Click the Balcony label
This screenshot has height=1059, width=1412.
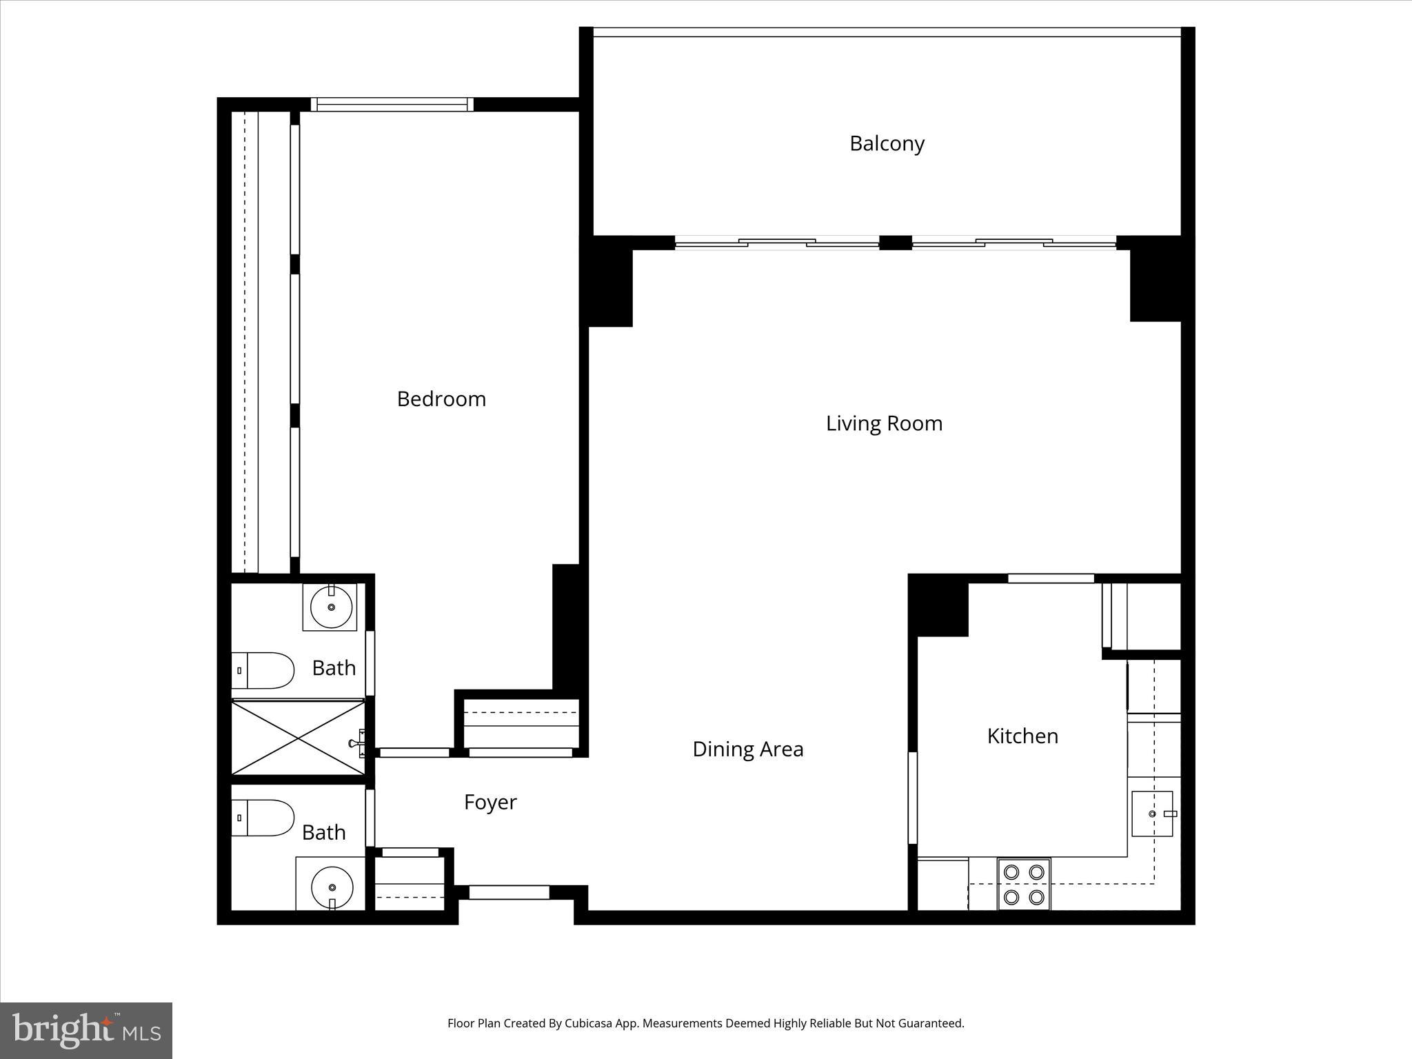click(886, 143)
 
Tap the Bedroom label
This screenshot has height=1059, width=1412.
click(441, 399)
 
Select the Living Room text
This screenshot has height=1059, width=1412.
click(884, 423)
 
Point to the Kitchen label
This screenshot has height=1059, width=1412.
click(1022, 736)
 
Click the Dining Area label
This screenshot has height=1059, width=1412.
click(747, 749)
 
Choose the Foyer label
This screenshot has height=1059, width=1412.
click(490, 803)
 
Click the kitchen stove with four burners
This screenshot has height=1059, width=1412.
click(1023, 885)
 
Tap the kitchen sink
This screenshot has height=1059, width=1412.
click(1152, 814)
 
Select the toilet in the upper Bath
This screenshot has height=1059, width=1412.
click(263, 670)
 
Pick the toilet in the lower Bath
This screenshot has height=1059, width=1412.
click(263, 818)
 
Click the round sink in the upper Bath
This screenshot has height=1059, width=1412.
click(331, 607)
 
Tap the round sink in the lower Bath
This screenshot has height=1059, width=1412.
click(332, 887)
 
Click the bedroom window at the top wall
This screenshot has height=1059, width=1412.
click(391, 105)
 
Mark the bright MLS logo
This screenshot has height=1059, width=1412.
click(86, 1030)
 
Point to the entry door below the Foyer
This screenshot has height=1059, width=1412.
click(509, 892)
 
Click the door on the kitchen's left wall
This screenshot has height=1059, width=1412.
click(913, 798)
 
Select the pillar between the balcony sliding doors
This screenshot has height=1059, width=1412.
click(896, 243)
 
